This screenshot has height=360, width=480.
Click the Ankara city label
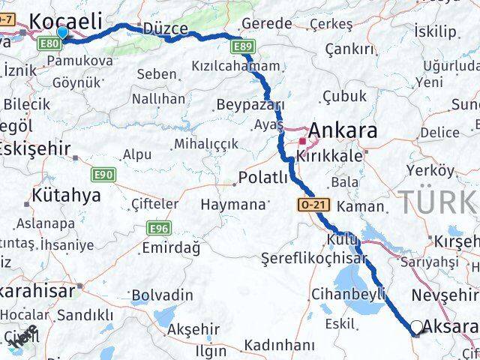(343, 131)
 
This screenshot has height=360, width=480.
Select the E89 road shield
(241, 48)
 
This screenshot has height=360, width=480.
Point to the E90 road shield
(103, 175)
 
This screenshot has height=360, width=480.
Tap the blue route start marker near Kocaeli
(62, 32)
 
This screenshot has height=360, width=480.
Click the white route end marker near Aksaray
(416, 327)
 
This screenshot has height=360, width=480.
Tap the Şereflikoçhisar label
(314, 258)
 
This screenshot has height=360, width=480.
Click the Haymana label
(233, 204)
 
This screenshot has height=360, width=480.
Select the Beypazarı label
(250, 104)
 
